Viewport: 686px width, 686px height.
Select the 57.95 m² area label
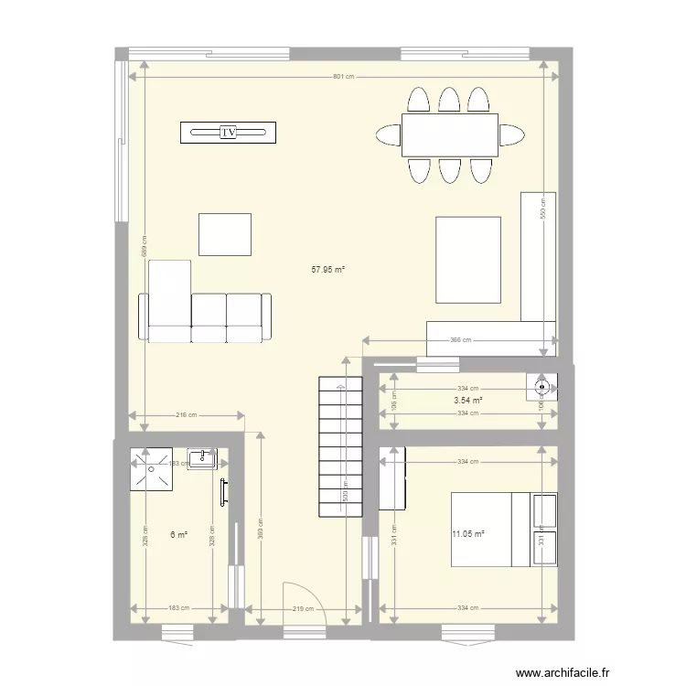coord(328,270)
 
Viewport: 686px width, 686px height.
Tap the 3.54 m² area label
coord(467,401)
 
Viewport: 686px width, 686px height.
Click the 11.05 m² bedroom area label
coord(466,534)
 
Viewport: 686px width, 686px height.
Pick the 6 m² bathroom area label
coord(178,534)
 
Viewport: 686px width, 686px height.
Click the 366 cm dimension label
coord(460,340)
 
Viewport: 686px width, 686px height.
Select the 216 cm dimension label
coord(187,415)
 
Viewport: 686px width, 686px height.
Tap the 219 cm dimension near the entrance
coord(304,608)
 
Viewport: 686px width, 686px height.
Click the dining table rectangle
coord(449,134)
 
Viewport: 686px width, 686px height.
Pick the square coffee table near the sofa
coord(225,234)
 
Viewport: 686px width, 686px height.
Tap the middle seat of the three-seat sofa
coord(209,316)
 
